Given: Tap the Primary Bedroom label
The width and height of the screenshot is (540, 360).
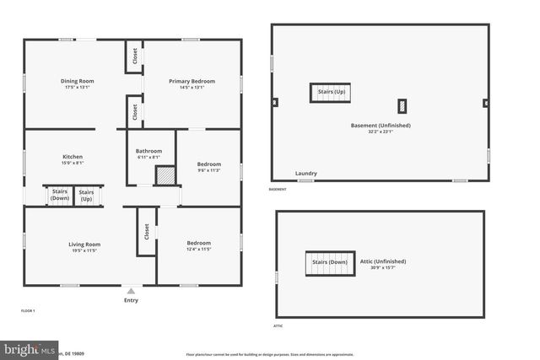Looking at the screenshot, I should [192, 81].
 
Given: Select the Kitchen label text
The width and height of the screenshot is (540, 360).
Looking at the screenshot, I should [73, 157].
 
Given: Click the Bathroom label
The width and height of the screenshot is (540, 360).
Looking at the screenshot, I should [148, 151].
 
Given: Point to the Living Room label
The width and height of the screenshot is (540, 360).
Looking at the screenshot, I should [84, 244].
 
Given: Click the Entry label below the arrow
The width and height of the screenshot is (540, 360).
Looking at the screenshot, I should [131, 300].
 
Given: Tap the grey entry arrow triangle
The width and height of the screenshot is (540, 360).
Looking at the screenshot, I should [131, 291].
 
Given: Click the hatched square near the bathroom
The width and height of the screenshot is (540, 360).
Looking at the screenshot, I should [166, 175].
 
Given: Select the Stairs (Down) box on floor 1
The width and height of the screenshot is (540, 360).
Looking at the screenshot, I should [60, 195].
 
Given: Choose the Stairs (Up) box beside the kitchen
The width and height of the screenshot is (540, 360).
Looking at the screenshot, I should [86, 195].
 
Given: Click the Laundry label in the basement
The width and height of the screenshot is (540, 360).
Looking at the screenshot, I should [306, 174].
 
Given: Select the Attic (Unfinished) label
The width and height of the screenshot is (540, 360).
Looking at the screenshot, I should [383, 261].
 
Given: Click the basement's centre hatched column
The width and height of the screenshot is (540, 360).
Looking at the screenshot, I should [402, 105].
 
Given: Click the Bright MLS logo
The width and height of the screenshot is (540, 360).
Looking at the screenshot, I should [30, 348].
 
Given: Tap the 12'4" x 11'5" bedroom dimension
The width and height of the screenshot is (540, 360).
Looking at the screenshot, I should [198, 249].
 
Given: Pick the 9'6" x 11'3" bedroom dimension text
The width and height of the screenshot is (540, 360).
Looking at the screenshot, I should [208, 170].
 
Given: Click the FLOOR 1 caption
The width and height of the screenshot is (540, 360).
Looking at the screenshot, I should [29, 311].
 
